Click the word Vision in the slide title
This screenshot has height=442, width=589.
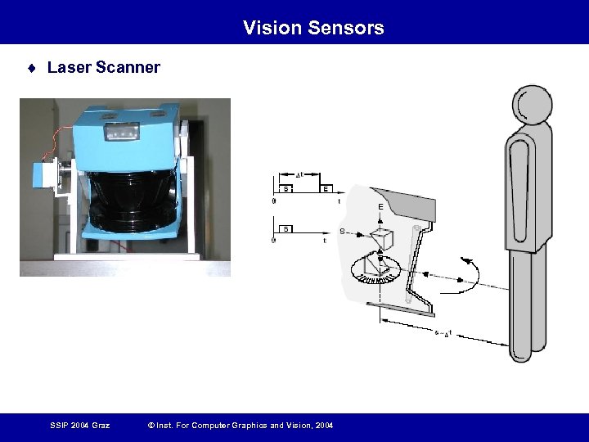pos(272,28)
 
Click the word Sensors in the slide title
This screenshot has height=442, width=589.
pos(346,28)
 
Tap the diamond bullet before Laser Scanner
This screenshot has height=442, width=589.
pos(31,68)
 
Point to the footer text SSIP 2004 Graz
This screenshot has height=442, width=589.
pos(79,425)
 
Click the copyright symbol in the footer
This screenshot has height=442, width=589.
pos(150,425)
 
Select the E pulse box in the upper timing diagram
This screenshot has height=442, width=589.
pos(326,189)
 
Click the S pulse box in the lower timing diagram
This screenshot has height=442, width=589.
pos(287,228)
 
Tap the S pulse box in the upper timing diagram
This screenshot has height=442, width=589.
pos(286,189)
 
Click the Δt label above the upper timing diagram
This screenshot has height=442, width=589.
pos(299,174)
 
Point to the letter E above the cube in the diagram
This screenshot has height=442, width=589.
pos(380,207)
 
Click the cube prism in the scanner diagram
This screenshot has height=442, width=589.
pos(382,239)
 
